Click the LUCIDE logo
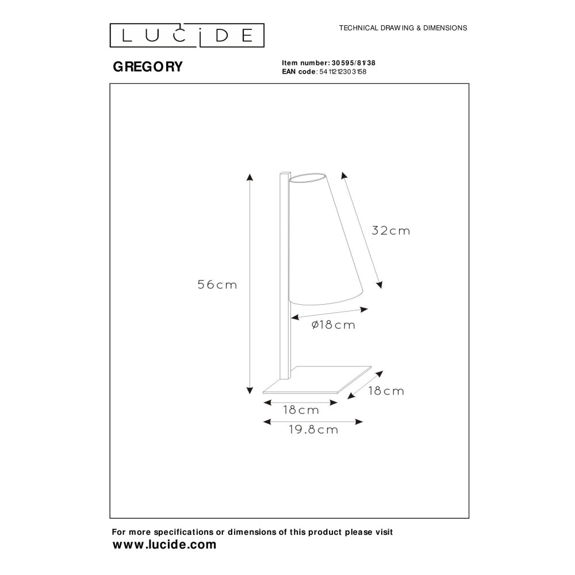[187, 36]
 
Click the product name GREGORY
[148, 67]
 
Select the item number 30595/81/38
[354, 63]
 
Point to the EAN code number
[343, 72]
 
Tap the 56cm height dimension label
[217, 285]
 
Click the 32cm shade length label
[391, 231]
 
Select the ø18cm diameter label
[333, 325]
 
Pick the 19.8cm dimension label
[313, 430]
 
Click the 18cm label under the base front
[301, 410]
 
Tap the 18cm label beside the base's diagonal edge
[386, 391]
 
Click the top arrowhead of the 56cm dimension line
[250, 177]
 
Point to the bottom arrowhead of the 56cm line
[250, 390]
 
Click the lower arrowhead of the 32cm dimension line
[380, 285]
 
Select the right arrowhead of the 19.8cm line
[359, 421]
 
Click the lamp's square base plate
[317, 379]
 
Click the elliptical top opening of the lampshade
[308, 177]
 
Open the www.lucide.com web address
[164, 545]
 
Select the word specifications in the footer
[184, 532]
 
